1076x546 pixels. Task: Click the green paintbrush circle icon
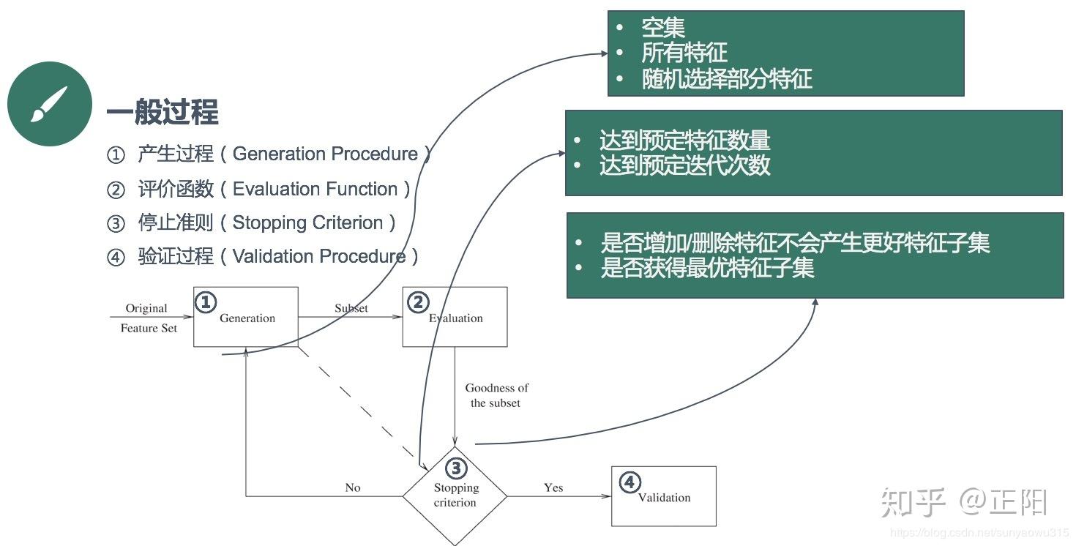[x=49, y=104]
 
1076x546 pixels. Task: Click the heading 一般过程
[x=162, y=113]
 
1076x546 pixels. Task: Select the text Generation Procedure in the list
[x=325, y=154]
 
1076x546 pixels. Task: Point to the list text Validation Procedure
[x=319, y=256]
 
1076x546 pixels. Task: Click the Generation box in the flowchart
[x=246, y=318]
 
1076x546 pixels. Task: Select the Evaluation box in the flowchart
[x=455, y=318]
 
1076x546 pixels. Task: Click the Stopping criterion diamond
[x=455, y=495]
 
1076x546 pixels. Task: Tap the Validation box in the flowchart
[x=664, y=497]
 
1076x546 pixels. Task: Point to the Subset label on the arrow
[x=351, y=308]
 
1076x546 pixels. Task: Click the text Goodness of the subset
[x=496, y=395]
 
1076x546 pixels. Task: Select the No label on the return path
[x=353, y=487]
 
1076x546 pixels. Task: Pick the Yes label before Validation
[x=553, y=487]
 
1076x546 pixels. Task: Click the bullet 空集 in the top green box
[x=662, y=28]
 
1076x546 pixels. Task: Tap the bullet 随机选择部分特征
[x=726, y=79]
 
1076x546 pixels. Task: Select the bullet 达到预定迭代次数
[x=684, y=165]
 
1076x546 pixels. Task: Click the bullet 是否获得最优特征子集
[x=706, y=268]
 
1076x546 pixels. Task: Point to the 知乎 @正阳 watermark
[x=964, y=501]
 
